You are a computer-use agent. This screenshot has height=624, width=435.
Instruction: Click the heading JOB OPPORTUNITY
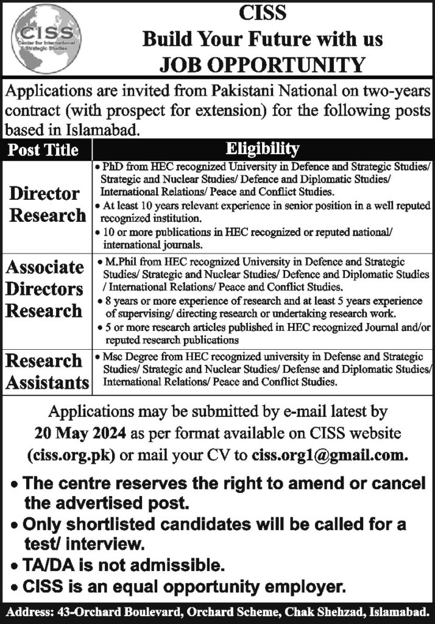pyautogui.click(x=262, y=64)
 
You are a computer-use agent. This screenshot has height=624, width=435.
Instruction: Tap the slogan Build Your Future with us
pyautogui.click(x=262, y=40)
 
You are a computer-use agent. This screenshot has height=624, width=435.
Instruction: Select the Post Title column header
pyautogui.click(x=47, y=149)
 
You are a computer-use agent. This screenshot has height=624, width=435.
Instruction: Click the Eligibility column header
pyautogui.click(x=262, y=148)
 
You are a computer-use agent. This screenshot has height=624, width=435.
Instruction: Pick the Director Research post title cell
pyautogui.click(x=47, y=204)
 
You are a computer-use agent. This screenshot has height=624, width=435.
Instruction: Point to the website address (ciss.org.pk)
pyautogui.click(x=66, y=455)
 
